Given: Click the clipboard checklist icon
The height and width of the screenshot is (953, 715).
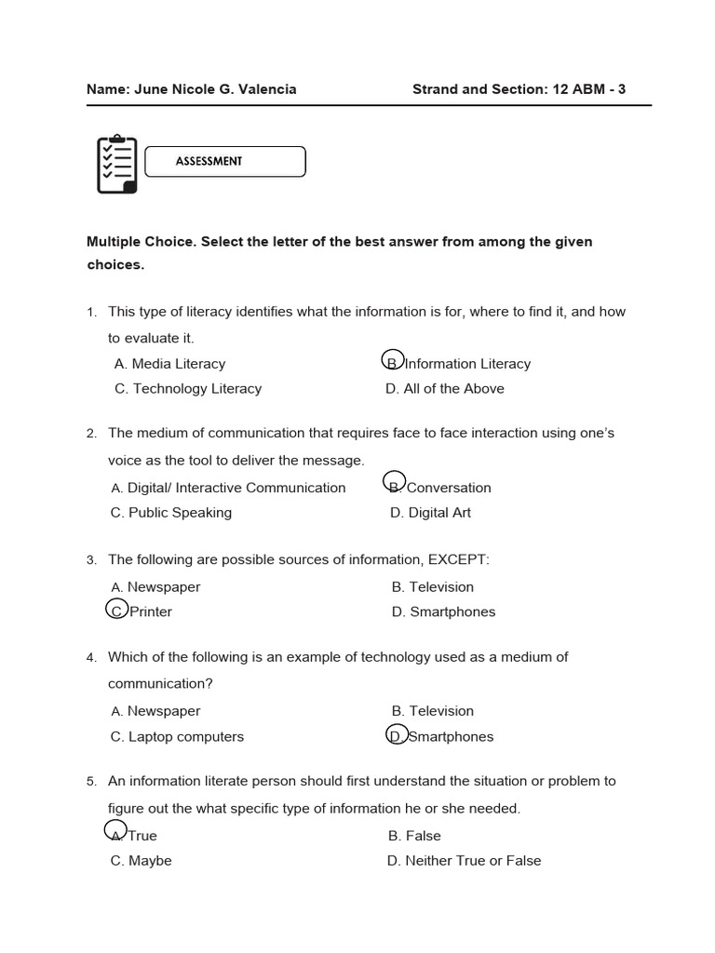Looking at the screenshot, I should tap(117, 165).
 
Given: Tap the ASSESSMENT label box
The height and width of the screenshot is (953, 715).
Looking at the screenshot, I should tap(226, 161).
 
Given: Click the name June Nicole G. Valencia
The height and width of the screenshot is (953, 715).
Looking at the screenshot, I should tap(216, 89).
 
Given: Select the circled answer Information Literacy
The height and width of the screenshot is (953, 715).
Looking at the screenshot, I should tap(458, 364).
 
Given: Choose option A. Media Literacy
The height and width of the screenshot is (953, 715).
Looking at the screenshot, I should tap(169, 364).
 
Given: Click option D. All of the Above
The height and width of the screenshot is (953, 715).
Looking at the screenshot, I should tap(445, 389).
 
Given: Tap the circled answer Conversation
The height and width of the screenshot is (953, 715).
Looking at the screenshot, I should tap(438, 488).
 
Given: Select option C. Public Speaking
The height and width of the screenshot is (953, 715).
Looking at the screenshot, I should tap(171, 513).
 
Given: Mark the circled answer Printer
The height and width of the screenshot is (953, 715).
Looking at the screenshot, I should tap(141, 611).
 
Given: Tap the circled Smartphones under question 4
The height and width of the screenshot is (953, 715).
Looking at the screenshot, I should tap(440, 737).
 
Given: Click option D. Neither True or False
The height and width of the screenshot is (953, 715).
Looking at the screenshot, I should tap(464, 861).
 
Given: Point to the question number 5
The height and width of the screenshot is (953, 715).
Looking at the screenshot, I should tap(91, 782).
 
